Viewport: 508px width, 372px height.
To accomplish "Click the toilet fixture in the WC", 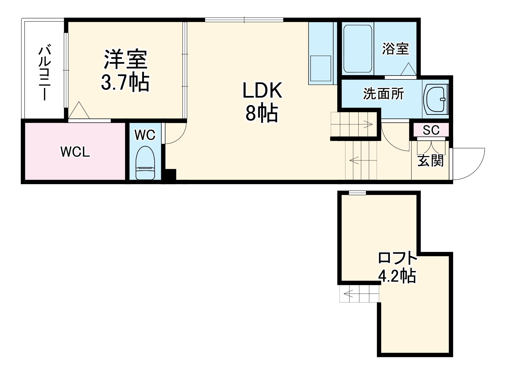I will point(145,163).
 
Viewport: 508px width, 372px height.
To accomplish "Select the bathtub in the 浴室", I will point(358,49).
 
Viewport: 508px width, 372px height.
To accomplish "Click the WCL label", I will point(75,152).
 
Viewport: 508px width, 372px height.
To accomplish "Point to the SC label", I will point(431,130).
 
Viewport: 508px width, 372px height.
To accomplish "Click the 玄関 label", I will point(430,161).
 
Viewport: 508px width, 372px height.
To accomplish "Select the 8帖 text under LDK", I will point(262,114).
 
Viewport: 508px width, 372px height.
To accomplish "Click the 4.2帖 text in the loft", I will point(397,276).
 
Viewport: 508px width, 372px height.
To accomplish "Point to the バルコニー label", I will point(45,73).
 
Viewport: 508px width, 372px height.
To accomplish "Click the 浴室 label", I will point(395,49).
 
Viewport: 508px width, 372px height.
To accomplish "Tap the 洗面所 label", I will point(383,94).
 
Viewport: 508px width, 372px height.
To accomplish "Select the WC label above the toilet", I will point(145,135).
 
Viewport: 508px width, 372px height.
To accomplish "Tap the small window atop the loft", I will point(357,193).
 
